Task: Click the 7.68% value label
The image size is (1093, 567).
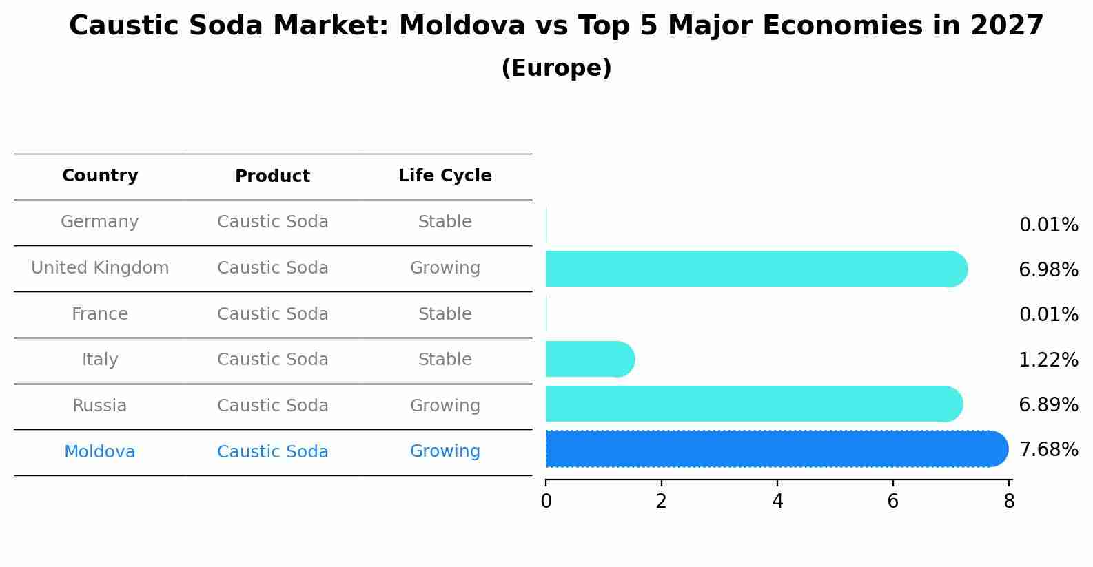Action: (1048, 450)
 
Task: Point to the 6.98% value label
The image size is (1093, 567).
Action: (1048, 270)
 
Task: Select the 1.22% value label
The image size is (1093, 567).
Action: (1048, 360)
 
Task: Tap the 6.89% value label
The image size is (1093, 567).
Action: (1048, 405)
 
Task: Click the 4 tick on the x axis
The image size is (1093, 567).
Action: (777, 502)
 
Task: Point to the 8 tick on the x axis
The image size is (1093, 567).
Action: (1009, 502)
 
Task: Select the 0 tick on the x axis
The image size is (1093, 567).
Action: (546, 502)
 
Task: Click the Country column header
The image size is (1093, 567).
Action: (100, 176)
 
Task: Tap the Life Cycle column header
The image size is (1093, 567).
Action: (445, 176)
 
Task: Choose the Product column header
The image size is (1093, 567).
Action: (272, 176)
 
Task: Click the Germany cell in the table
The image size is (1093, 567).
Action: (100, 222)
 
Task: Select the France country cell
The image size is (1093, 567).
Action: (100, 314)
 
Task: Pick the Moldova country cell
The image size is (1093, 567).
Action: (100, 452)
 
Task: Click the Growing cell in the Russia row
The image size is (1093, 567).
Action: (445, 406)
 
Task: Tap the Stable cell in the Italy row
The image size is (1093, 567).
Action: (445, 360)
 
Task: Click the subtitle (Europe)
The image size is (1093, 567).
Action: (556, 68)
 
